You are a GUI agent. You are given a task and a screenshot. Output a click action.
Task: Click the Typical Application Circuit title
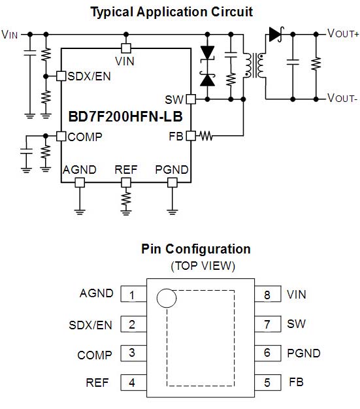coord(171,12)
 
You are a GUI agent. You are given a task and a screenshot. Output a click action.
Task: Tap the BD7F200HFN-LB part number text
coord(125,116)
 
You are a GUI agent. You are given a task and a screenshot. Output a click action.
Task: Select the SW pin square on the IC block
coord(191,99)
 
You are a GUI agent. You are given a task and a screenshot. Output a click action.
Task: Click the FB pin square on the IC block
coord(191,136)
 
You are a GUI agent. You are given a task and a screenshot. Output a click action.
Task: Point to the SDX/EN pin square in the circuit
coord(61,76)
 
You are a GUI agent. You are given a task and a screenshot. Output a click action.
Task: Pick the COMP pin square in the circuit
coord(61,136)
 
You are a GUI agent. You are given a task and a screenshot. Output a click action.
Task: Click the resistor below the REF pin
coord(126,199)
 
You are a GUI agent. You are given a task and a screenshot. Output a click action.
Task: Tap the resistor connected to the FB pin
coord(206,136)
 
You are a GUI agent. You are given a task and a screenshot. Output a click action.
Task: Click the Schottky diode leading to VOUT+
coord(276,34)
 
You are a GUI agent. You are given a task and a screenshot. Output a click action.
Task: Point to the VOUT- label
coord(342,99)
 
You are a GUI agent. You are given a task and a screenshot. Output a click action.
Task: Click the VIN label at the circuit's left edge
coord(10,35)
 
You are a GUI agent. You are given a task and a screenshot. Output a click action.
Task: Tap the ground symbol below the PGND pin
coord(172,212)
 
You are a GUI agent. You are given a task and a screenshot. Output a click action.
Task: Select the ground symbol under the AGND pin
coord(80,212)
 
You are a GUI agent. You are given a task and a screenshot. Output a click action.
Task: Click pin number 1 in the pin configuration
coord(132,295)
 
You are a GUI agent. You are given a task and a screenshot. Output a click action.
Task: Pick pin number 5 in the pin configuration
coord(267,383)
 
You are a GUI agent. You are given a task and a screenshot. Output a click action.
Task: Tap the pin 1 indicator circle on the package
coord(167,298)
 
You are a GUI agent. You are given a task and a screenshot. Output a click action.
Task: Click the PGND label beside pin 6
coord(304,353)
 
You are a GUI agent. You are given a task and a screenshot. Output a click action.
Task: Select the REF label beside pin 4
coord(97,383)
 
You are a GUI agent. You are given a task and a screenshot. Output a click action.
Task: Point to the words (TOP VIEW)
coord(203,266)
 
